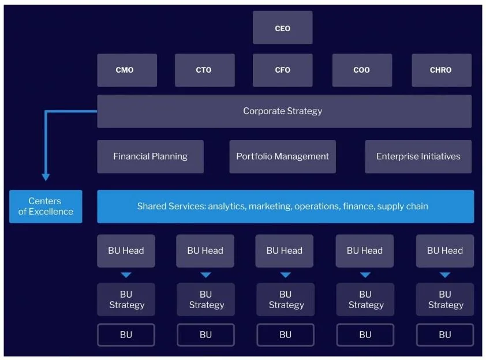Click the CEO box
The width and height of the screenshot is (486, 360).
tap(282, 28)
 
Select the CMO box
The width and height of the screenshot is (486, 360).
tap(127, 70)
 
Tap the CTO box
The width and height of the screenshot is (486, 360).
tap(204, 70)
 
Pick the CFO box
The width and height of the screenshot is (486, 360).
tap(282, 70)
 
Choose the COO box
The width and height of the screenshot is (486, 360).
tap(362, 70)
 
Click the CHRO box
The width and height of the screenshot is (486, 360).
tap(442, 70)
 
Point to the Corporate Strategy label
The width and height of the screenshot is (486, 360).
tap(282, 111)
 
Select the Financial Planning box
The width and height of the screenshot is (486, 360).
tap(150, 156)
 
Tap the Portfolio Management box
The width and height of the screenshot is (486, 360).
tap(282, 156)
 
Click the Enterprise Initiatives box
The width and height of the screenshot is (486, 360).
tap(418, 156)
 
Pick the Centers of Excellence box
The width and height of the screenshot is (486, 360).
tap(46, 207)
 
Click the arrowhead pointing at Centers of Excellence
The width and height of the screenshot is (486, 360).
tap(46, 177)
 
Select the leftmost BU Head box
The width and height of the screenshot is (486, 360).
tap(126, 250)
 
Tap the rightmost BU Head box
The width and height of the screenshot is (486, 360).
tap(445, 250)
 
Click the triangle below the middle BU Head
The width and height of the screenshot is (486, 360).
tap(286, 275)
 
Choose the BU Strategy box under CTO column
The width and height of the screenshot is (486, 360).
tap(206, 299)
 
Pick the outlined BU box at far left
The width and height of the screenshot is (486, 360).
tap(126, 335)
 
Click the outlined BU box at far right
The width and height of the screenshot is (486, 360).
tap(445, 335)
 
